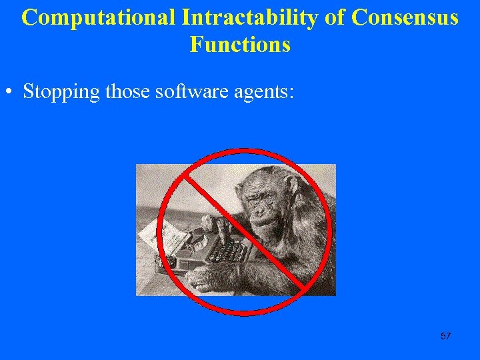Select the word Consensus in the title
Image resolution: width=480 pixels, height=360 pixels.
405,17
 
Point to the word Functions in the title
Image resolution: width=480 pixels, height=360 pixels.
240,44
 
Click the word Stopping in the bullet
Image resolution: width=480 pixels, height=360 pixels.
61,91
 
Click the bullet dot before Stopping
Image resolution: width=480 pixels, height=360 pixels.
12,91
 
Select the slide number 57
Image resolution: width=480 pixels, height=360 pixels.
446,336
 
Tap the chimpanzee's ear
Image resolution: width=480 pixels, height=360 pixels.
291,184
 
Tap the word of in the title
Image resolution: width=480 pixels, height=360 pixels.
337,17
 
